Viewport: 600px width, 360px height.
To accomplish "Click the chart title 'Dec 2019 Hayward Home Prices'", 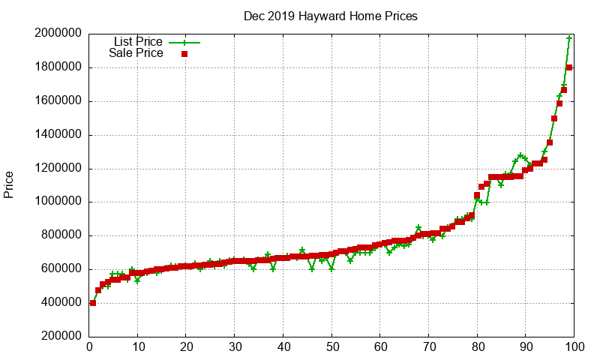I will pyautogui.click(x=331, y=16).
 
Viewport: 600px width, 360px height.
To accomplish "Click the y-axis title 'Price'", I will pyautogui.click(x=9, y=184).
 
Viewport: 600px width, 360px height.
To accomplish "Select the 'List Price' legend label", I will pyautogui.click(x=138, y=41).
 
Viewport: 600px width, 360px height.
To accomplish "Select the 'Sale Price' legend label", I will pyautogui.click(x=136, y=53).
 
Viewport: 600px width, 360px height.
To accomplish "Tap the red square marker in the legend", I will pyautogui.click(x=184, y=54).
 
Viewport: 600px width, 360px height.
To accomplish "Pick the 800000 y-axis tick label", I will pyautogui.click(x=59, y=235).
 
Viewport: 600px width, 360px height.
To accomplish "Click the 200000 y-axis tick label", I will pyautogui.click(x=59, y=337).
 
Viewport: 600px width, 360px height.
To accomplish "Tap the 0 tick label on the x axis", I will pyautogui.click(x=89, y=347).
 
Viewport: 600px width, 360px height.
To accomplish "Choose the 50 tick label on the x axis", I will pyautogui.click(x=331, y=347).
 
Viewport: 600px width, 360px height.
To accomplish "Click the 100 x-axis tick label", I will pyautogui.click(x=574, y=347).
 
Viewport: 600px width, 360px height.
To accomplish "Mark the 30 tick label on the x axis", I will pyautogui.click(x=235, y=347).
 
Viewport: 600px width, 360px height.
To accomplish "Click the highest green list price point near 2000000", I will pyautogui.click(x=569, y=38).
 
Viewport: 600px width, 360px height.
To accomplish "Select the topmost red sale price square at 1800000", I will pyautogui.click(x=569, y=67).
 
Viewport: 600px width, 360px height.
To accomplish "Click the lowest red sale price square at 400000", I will pyautogui.click(x=93, y=303).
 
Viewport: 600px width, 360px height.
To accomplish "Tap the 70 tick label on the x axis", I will pyautogui.click(x=428, y=347).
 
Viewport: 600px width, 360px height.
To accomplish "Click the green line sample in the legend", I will pyautogui.click(x=184, y=42).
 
